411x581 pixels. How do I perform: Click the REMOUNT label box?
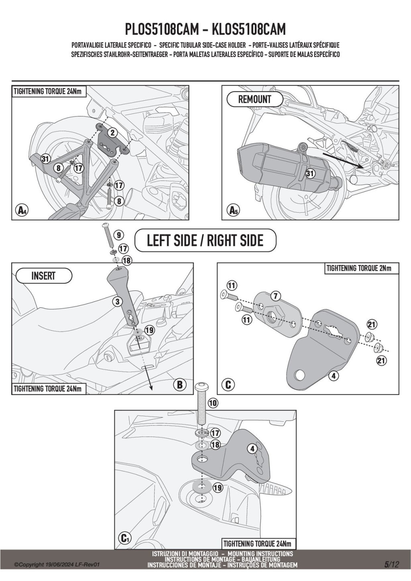coord(255,99)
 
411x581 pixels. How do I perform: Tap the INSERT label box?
coord(43,276)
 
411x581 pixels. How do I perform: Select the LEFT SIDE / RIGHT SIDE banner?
coord(205,240)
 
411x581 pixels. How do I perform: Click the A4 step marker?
coord(20,209)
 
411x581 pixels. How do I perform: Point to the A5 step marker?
coord(232,209)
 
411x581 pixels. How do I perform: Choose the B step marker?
coord(179,385)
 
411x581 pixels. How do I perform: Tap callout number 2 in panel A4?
coord(112,132)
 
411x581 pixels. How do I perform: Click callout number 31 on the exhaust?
coord(310,173)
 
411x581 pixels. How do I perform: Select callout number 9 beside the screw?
coord(119,235)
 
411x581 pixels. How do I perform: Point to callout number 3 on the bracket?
coord(117,301)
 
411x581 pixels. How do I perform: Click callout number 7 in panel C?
coord(275,296)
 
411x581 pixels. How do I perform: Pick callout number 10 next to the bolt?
coord(213,402)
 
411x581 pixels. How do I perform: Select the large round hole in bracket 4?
coord(300,376)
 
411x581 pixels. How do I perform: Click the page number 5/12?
coord(391,565)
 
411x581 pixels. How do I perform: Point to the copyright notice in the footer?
coord(57,565)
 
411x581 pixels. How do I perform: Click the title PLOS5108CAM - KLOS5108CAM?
coord(205,29)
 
